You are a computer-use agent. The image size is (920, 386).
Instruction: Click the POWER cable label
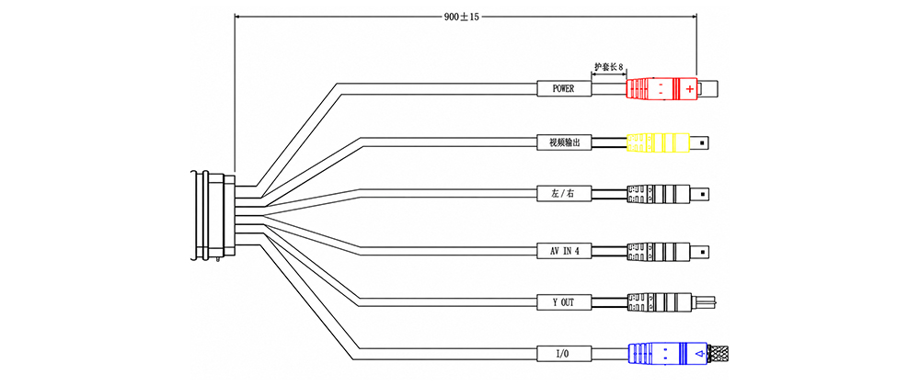point(564,88)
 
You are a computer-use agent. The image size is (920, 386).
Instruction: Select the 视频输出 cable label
point(564,142)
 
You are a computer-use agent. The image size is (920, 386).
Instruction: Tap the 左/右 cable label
point(564,193)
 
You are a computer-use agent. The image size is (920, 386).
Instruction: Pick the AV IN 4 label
point(564,251)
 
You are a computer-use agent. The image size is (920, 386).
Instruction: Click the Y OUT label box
point(564,302)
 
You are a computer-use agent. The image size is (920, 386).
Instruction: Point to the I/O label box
point(564,353)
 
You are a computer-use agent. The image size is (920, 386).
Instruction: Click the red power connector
point(661,88)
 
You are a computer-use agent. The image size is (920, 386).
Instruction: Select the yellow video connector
point(658,142)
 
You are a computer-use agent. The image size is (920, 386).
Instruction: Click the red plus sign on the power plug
point(689,89)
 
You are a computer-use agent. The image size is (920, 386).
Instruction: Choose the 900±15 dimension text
point(463,17)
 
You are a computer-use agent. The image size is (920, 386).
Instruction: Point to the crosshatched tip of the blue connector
point(720,353)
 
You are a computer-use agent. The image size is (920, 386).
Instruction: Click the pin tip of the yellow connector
point(699,142)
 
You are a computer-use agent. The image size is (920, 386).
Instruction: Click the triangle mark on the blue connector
point(698,353)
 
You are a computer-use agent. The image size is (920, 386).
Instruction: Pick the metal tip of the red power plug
point(707,88)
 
